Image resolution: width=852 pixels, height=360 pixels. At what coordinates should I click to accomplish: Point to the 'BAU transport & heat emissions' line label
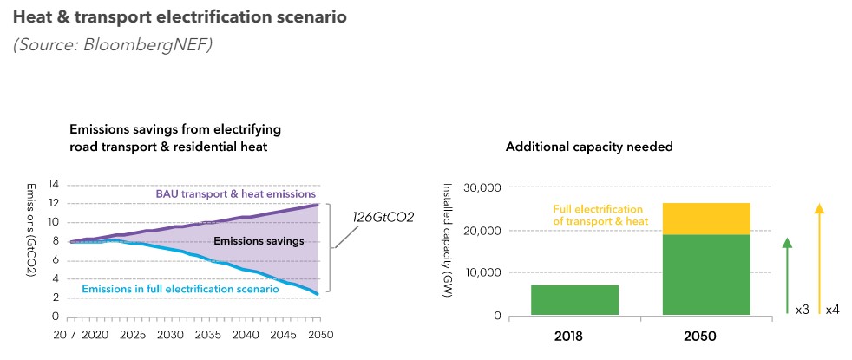[x=236, y=194]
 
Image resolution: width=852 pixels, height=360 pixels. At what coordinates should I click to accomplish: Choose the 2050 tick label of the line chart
[x=321, y=334]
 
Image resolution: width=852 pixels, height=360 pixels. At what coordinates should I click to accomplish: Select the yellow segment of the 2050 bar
[x=706, y=219]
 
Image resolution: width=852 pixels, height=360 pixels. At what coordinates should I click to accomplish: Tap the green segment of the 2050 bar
[x=706, y=275]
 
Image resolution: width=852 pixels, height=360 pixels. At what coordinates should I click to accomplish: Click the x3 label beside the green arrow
[x=802, y=309]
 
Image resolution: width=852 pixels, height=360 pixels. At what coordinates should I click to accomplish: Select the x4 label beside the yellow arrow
[x=832, y=309]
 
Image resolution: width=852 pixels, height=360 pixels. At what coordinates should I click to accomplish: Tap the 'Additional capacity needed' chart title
[x=589, y=147]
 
